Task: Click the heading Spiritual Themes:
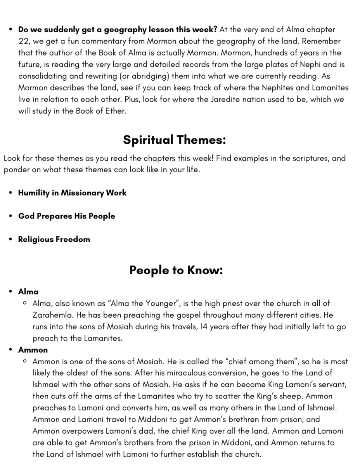pyautogui.click(x=174, y=140)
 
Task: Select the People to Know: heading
pyautogui.click(x=176, y=270)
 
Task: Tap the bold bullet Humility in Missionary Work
pyautogui.click(x=72, y=193)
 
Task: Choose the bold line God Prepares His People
pyautogui.click(x=66, y=216)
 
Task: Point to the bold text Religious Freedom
pyautogui.click(x=54, y=239)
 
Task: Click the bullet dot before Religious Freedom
pyautogui.click(x=10, y=239)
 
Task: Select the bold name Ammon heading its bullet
pyautogui.click(x=33, y=350)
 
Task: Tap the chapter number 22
pyautogui.click(x=23, y=41)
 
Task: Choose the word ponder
pyautogui.click(x=15, y=170)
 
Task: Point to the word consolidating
pyautogui.click(x=42, y=76)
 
